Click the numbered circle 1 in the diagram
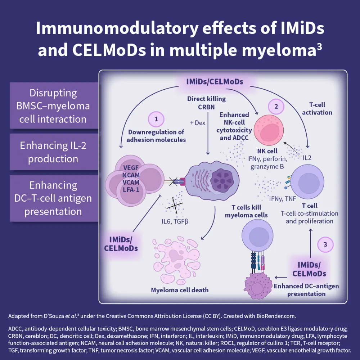click(156, 120)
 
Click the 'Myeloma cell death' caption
click(180, 290)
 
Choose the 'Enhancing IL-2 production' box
click(54, 152)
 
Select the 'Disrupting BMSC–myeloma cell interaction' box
click(53, 106)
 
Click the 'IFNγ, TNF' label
click(283, 198)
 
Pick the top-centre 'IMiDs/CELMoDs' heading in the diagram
click(215, 81)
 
